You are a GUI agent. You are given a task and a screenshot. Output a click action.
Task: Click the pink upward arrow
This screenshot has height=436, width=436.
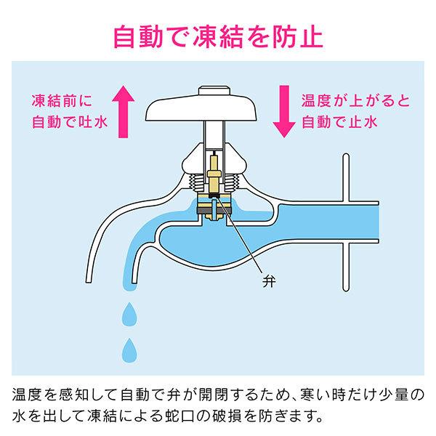pos(124,112)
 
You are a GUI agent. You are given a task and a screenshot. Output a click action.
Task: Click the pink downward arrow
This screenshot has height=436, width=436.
pos(284,111)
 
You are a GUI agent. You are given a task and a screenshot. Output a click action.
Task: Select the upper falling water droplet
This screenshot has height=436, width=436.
pos(129,315)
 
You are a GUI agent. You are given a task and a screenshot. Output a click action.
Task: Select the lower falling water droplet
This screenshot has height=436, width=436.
pos(129,351)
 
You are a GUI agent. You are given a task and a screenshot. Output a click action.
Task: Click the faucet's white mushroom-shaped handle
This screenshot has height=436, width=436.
pos(201,108)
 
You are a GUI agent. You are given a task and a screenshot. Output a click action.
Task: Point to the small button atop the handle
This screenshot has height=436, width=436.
pos(214,91)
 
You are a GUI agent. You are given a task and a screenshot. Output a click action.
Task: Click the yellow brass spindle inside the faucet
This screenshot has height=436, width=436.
pos(214,175)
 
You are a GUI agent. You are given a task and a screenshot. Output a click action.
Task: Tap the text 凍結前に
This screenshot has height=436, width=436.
pos(62,101)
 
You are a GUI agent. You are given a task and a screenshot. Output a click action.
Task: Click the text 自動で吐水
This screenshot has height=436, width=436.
pos(70,122)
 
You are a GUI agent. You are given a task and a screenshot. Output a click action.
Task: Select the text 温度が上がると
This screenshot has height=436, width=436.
pos(356,101)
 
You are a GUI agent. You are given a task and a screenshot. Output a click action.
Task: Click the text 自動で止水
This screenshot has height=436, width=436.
pos(339,122)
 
